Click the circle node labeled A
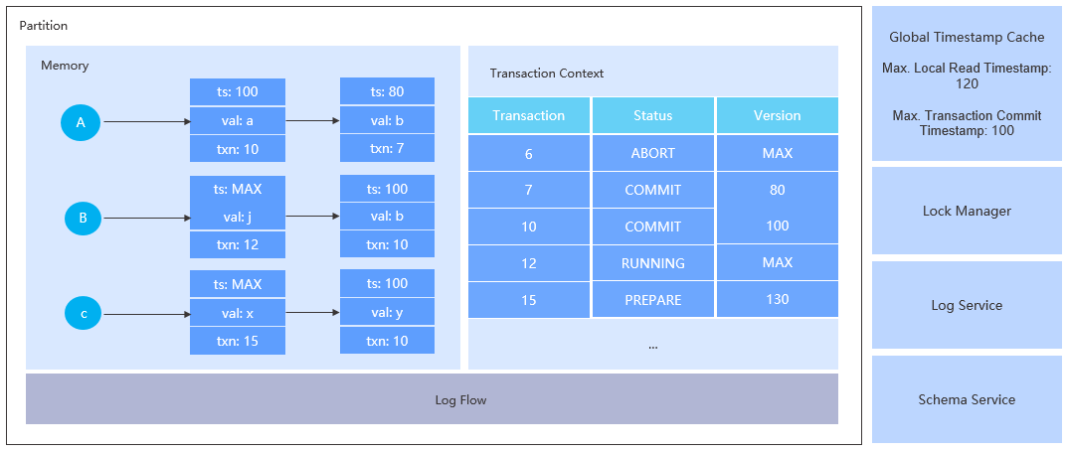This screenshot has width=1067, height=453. click(82, 122)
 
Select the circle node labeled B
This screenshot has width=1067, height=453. click(84, 218)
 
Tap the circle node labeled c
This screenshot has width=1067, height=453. click(84, 314)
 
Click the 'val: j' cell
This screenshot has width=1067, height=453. click(238, 217)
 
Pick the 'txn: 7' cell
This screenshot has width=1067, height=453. click(387, 148)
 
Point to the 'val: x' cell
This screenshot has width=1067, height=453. click(238, 312)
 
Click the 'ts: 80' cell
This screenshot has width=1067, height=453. click(387, 92)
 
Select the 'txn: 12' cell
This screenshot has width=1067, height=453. click(238, 244)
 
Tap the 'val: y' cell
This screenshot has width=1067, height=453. click(387, 312)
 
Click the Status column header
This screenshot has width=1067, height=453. click(653, 115)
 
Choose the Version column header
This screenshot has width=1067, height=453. click(777, 115)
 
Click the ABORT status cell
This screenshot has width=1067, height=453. click(653, 153)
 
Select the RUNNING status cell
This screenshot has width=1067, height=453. click(653, 263)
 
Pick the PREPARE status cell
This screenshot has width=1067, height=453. click(653, 299)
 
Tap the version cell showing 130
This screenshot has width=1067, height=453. click(777, 299)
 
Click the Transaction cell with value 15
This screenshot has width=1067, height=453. click(529, 299)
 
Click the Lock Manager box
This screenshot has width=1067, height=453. click(967, 211)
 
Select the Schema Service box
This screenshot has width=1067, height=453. click(967, 399)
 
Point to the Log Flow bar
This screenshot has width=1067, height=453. click(432, 399)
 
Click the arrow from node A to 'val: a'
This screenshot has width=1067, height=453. click(146, 122)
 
